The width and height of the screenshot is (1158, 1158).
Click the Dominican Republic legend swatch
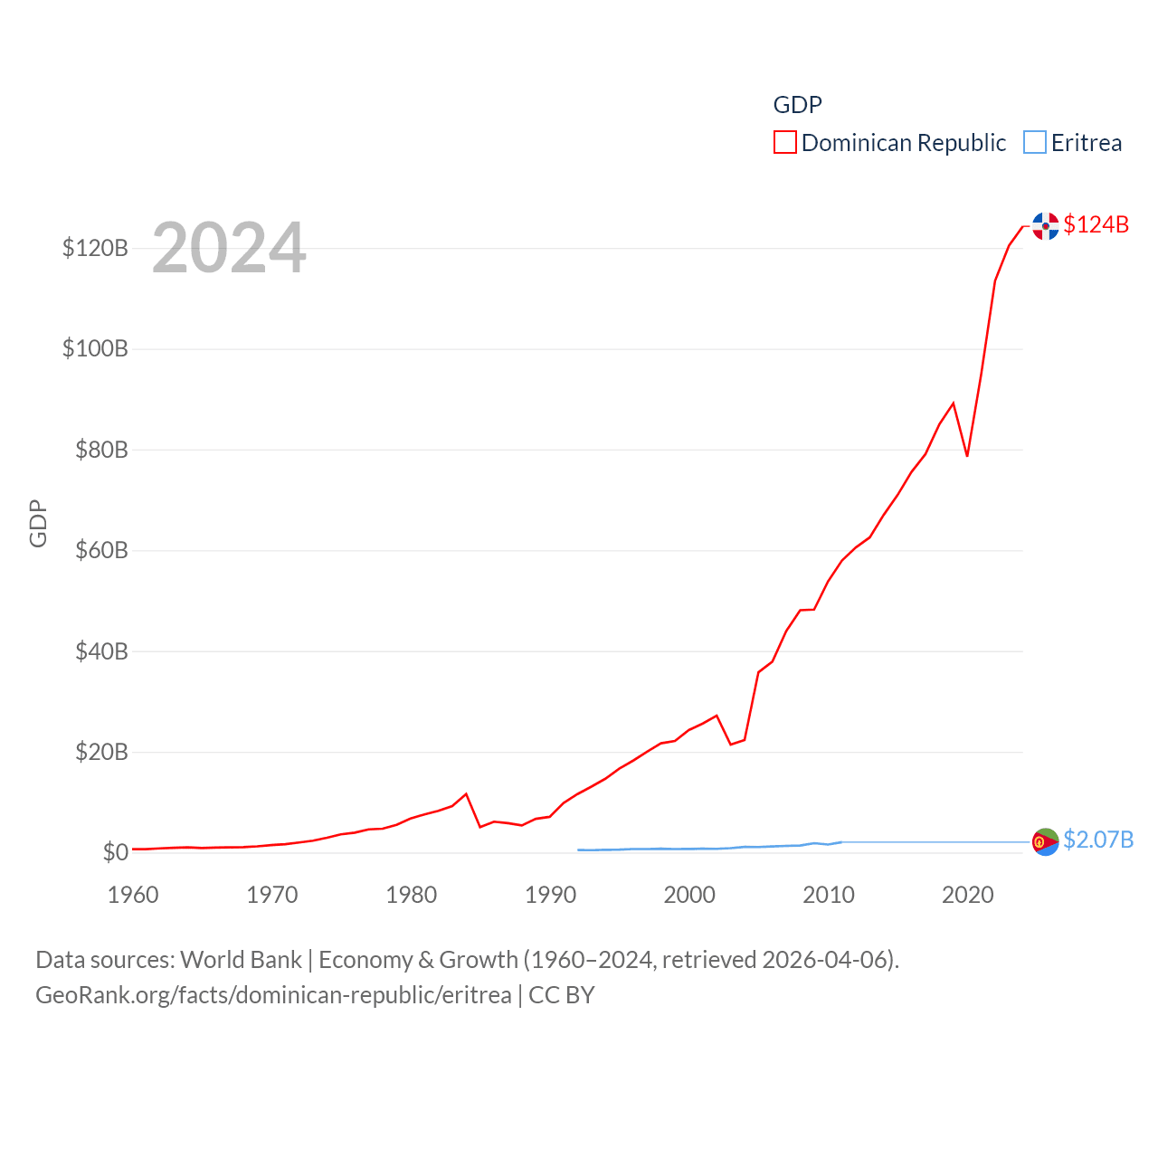[784, 143]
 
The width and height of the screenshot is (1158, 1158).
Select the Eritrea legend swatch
[1035, 143]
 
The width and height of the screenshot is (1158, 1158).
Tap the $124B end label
[1096, 224]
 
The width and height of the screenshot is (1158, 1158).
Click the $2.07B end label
[1098, 840]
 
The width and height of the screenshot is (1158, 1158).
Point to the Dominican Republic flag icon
[1046, 226]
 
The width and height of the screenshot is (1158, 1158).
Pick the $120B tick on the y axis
[95, 248]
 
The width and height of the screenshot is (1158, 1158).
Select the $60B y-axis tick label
[95, 550]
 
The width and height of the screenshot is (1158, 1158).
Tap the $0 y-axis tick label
[115, 852]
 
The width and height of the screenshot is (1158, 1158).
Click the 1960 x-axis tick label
[133, 895]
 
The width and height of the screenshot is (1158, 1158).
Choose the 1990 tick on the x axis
[550, 895]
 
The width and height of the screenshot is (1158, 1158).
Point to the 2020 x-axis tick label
[968, 895]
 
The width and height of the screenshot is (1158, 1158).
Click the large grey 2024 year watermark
[229, 248]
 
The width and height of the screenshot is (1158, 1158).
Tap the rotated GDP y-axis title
[38, 524]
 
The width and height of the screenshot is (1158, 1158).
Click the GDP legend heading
[797, 105]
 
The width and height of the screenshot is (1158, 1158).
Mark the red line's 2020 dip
[967, 455]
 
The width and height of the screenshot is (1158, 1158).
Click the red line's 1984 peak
[466, 794]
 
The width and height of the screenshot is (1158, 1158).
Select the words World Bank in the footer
[242, 960]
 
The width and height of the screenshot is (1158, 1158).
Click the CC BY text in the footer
[561, 995]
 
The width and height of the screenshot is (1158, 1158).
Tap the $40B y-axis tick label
[95, 651]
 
